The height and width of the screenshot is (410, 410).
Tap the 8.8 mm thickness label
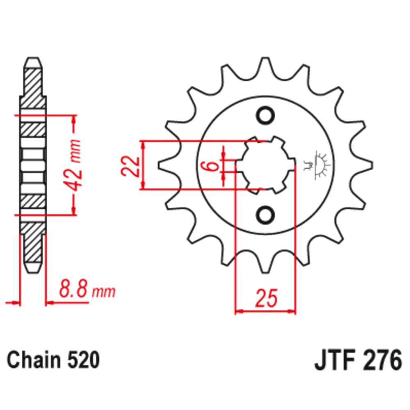point(87,290)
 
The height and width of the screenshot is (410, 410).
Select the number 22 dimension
point(130,166)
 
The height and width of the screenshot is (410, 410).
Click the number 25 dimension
point(266,298)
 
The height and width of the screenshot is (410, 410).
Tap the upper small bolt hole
point(265,114)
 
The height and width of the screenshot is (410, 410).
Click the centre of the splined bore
point(265,165)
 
